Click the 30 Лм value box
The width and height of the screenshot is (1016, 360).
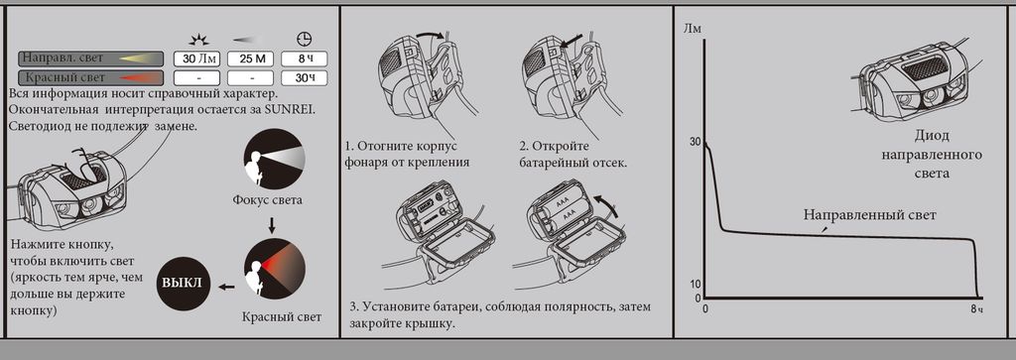197,59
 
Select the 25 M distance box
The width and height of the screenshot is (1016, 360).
251,59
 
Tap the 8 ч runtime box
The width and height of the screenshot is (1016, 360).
304,59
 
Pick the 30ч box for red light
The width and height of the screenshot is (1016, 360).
304,78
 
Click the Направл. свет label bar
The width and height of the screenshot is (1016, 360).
90,59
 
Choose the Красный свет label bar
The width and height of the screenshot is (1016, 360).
90,78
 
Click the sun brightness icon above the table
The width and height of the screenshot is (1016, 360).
197,39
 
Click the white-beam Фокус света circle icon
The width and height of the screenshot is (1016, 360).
274,159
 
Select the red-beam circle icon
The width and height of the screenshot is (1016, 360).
274,271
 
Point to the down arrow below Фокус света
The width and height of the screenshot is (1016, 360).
272,224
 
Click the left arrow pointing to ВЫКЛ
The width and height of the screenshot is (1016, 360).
226,286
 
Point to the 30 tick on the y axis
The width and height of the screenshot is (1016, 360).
696,142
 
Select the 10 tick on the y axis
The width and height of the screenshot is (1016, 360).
696,285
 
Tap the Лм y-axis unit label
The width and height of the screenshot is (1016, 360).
692,28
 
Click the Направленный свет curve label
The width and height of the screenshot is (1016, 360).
869,215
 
